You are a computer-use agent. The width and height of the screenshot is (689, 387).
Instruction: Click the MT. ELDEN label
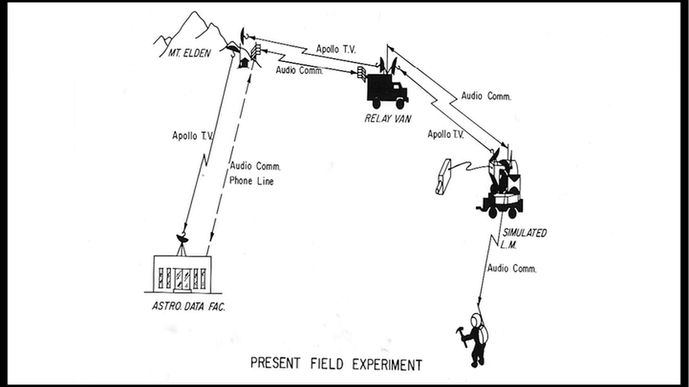pyautogui.click(x=190, y=53)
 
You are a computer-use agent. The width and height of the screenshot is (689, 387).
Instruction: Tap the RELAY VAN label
pyautogui.click(x=387, y=119)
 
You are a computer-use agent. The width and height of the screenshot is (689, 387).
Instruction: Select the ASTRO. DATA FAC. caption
pyautogui.click(x=188, y=306)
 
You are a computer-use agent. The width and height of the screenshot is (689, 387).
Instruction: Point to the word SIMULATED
pyautogui.click(x=524, y=232)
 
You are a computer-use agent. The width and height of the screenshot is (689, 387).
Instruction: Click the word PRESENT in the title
pyautogui.click(x=275, y=364)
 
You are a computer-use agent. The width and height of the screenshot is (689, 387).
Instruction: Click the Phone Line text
pyautogui.click(x=252, y=181)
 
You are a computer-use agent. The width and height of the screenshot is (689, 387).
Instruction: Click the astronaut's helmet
pyautogui.click(x=475, y=319)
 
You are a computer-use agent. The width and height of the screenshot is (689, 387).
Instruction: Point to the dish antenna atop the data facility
pyautogui.click(x=182, y=239)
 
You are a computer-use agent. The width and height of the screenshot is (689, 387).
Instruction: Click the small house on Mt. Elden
pyautogui.click(x=243, y=62)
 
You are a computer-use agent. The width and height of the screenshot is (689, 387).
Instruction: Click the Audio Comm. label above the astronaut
pyautogui.click(x=512, y=268)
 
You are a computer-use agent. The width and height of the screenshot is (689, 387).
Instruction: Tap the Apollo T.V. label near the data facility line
pyautogui.click(x=192, y=135)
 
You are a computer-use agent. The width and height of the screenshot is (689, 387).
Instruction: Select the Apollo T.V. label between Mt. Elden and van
pyautogui.click(x=336, y=48)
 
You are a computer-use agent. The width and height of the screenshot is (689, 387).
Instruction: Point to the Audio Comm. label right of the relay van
pyautogui.click(x=486, y=96)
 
